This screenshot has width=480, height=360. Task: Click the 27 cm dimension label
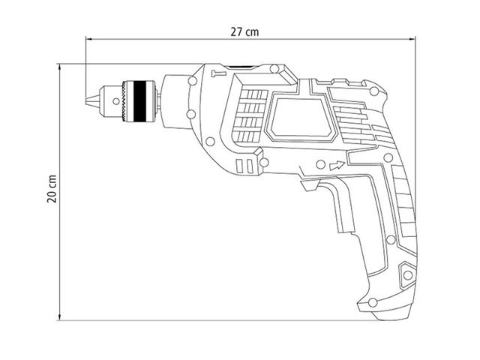[x=244, y=32]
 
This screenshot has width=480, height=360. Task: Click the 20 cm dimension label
[x=52, y=189]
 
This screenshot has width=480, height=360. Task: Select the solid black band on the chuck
[x=139, y=101]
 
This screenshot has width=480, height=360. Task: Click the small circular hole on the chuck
[x=116, y=101]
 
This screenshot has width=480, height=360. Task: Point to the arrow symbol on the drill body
[x=337, y=165]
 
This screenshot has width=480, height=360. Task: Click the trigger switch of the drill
[x=310, y=185]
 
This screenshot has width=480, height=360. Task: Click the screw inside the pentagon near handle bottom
[x=407, y=275]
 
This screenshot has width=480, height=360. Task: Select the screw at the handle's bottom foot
[x=373, y=302]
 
